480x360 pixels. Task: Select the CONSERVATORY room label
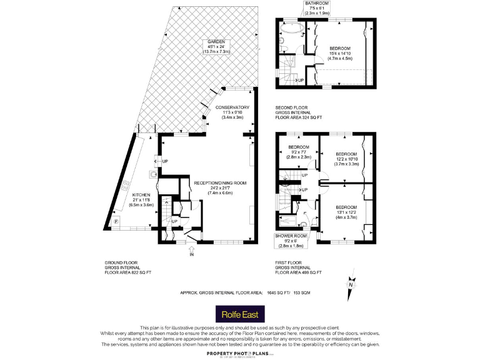(x=232, y=107)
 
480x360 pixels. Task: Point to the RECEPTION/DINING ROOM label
(x=220, y=183)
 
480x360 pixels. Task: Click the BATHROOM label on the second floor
(x=316, y=3)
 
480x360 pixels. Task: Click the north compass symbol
(x=351, y=284)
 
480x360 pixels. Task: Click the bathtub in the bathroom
(x=290, y=30)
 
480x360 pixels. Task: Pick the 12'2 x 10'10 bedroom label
(x=346, y=154)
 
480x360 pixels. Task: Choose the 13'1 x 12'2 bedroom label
(x=346, y=207)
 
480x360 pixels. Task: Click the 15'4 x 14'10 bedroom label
(x=340, y=49)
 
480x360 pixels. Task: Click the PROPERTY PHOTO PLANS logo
(x=232, y=353)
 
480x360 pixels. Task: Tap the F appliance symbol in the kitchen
(x=115, y=222)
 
